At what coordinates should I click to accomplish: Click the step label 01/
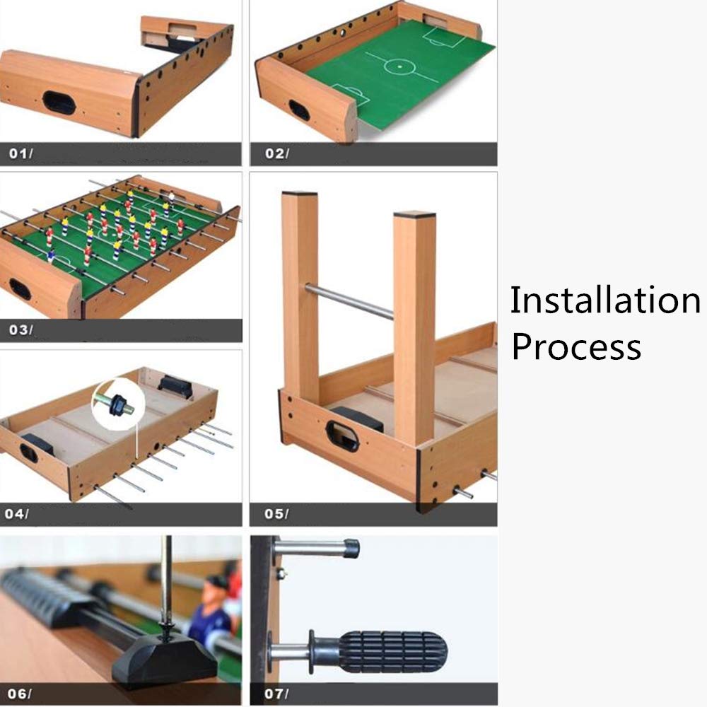click(21, 153)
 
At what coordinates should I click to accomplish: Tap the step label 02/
click(277, 153)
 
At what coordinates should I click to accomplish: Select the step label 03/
click(21, 330)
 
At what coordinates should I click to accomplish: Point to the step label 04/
click(17, 513)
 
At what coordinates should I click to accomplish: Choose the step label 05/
click(276, 513)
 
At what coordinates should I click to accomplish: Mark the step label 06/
click(19, 694)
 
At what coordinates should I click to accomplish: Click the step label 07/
click(276, 694)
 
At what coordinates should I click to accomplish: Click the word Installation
click(605, 300)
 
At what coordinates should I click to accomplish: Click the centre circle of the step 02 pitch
click(399, 66)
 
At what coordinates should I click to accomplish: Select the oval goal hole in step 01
click(59, 103)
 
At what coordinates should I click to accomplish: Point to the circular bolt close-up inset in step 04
click(118, 404)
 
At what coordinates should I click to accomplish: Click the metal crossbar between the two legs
click(349, 300)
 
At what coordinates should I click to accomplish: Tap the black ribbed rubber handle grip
click(392, 652)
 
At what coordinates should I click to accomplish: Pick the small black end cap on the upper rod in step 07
click(351, 549)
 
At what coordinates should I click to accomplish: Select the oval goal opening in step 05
click(342, 436)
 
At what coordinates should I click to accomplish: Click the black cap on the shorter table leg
click(414, 215)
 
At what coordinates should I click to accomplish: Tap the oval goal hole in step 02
click(299, 110)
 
